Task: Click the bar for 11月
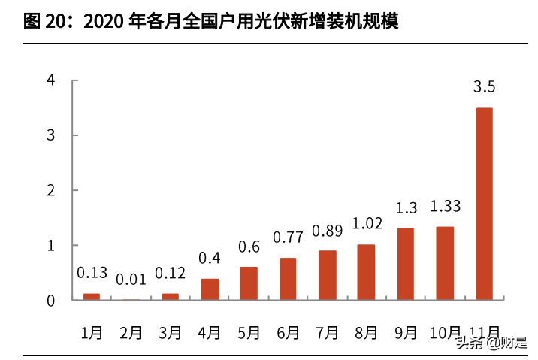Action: tap(484, 204)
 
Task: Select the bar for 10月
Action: tap(445, 264)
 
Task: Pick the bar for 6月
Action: tap(288, 279)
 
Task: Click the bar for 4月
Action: tap(210, 289)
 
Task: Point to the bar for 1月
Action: tap(92, 297)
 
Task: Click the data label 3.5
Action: tap(484, 88)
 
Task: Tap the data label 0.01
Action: tap(131, 280)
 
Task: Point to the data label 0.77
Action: tap(288, 237)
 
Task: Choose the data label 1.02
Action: tap(366, 224)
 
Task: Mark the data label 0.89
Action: tap(327, 231)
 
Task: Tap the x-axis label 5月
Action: tap(249, 331)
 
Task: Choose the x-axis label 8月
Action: tap(366, 331)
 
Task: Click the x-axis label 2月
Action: tap(131, 331)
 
